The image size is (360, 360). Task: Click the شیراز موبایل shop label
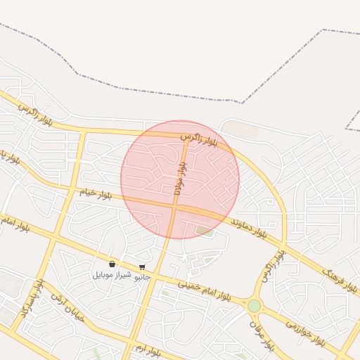pyautogui.click(x=112, y=275)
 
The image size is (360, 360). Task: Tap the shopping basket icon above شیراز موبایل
pyautogui.click(x=112, y=264)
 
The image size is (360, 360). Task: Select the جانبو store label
pyautogui.click(x=142, y=277)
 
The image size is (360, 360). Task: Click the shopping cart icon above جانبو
pyautogui.click(x=142, y=267)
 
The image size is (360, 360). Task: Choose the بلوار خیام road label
pyautogui.click(x=95, y=193)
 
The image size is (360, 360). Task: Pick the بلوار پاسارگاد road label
pyautogui.click(x=32, y=297)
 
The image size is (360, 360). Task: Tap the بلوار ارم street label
pyautogui.click(x=148, y=349)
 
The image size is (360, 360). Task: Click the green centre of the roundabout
pyautogui.click(x=254, y=306)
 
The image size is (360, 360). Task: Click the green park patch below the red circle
pyautogui.click(x=205, y=230)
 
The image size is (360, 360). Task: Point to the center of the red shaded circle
pyautogui.click(x=180, y=179)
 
